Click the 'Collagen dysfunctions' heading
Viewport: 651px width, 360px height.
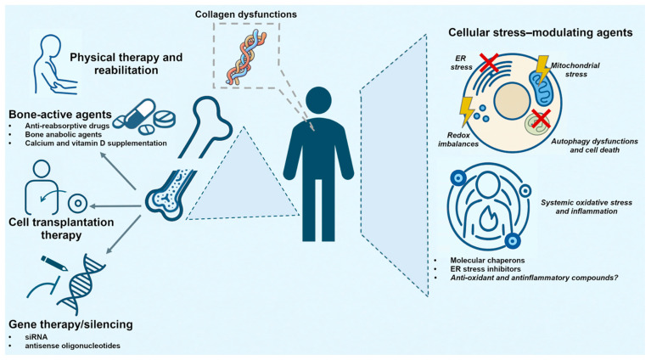246,14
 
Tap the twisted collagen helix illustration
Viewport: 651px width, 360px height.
246,58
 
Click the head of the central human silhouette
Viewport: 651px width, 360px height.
318,100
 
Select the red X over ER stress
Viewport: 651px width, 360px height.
488,63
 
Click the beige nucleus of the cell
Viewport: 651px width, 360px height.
512,101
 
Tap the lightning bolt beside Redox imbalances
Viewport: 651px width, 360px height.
467,111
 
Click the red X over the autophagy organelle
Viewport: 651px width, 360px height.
540,119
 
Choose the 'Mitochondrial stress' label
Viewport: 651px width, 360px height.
575,70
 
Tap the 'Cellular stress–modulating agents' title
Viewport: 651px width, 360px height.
540,32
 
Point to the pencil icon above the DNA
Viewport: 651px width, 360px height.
54,263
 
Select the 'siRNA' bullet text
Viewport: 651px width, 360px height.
36,337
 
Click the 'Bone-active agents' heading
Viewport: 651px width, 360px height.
60,114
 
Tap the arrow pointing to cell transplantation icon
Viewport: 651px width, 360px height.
115,206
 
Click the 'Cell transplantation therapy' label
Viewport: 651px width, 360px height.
61,228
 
